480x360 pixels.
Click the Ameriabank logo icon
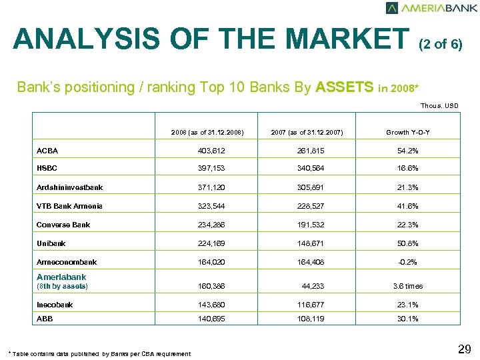pos(392,8)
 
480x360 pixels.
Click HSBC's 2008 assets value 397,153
pos(207,169)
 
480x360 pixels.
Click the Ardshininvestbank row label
pos(69,188)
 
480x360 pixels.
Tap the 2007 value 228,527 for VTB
pos(307,207)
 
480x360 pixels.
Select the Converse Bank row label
pos(63,225)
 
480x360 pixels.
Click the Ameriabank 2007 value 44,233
pos(310,286)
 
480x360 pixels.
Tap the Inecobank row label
pos(55,305)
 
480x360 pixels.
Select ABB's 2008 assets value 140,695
pos(207,319)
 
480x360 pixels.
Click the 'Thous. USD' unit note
pos(439,105)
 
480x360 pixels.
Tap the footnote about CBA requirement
pos(99,353)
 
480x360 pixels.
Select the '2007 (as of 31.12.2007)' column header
pos(307,133)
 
